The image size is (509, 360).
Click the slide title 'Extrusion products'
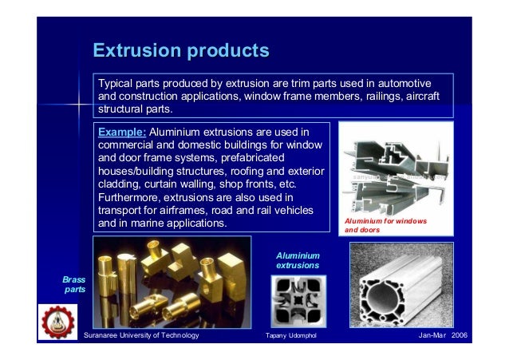click(181, 51)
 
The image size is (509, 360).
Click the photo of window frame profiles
click(395, 170)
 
